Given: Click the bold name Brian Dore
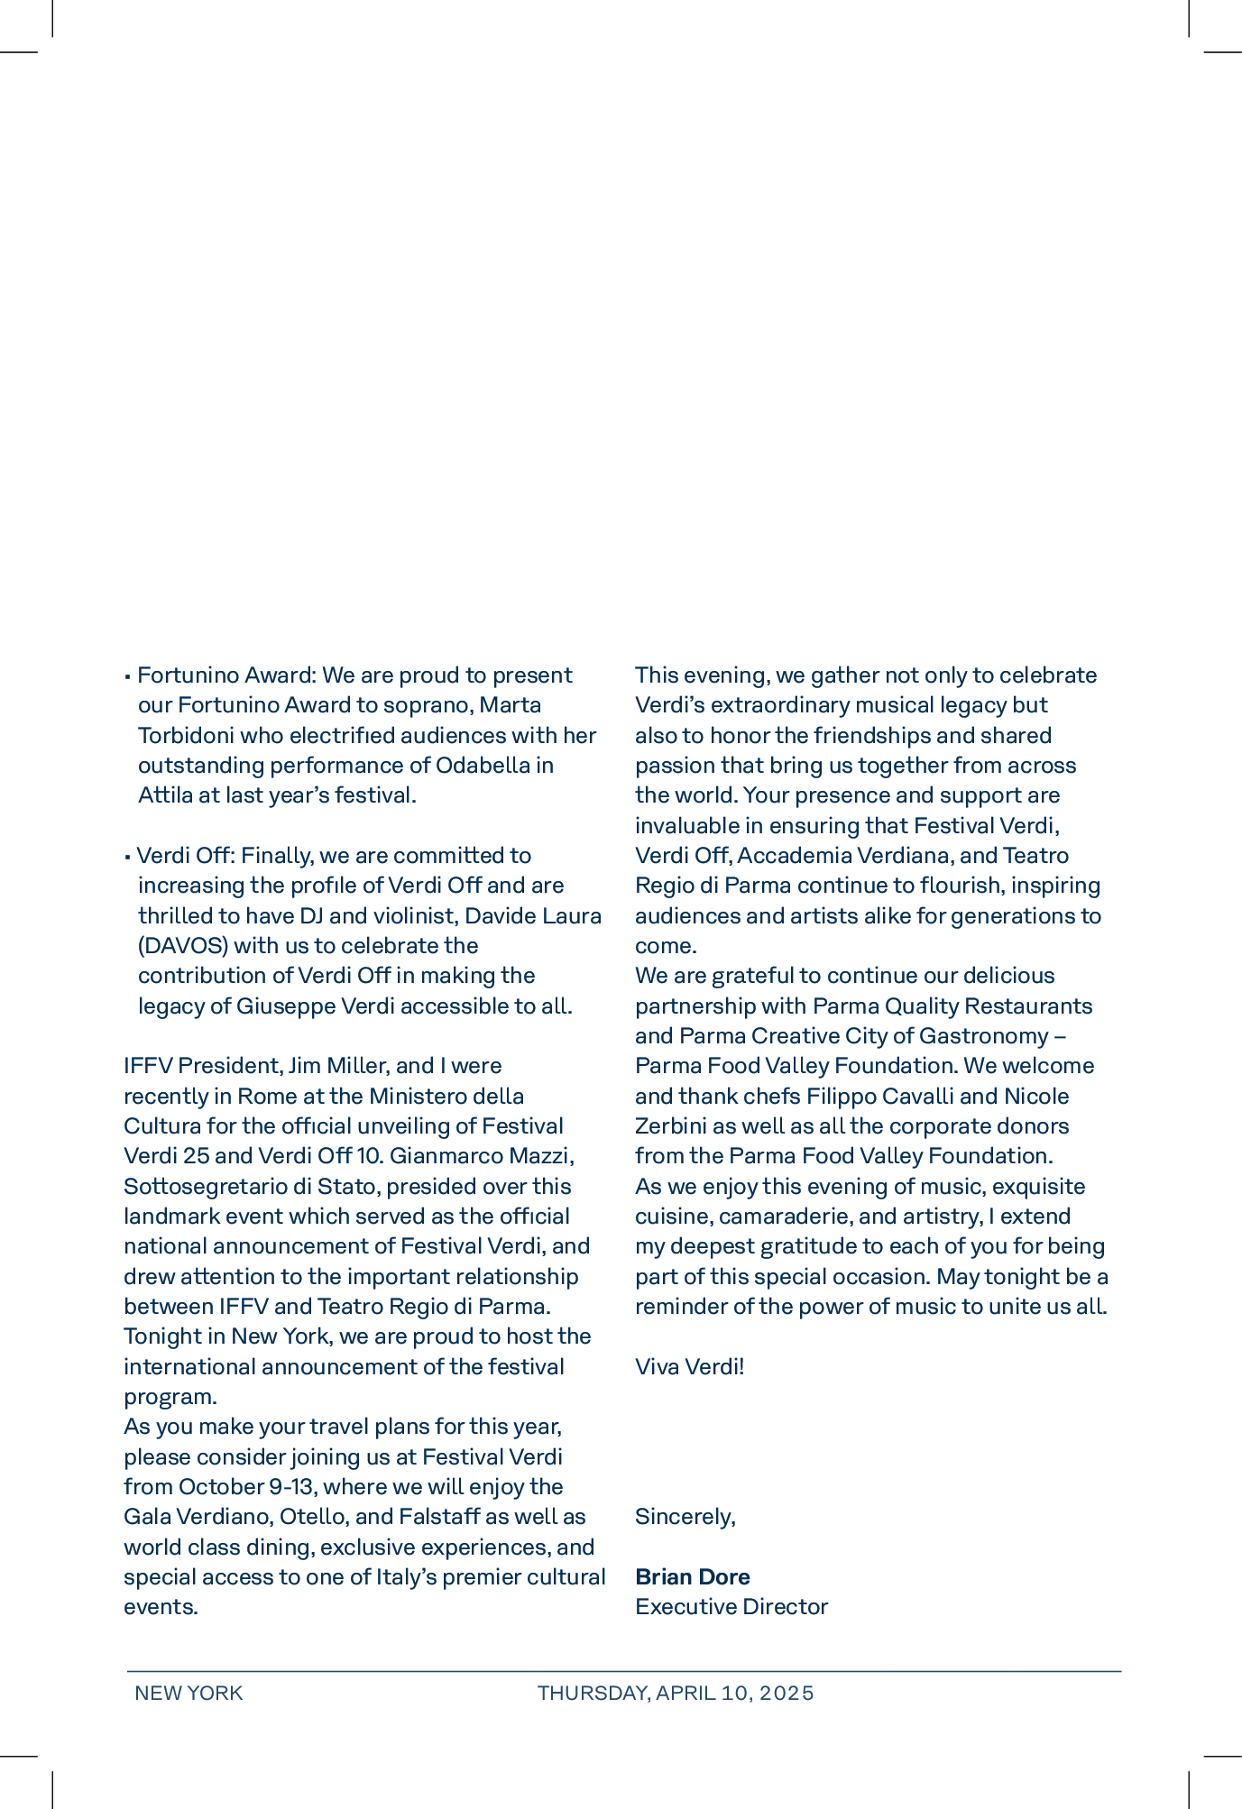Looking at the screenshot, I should (x=692, y=1576).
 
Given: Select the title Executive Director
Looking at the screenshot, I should (x=731, y=1606).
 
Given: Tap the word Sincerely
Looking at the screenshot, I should (x=684, y=1516).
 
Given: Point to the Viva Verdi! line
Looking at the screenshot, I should (x=689, y=1366).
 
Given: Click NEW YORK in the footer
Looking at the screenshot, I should (x=189, y=1693).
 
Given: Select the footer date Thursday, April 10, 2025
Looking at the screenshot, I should (x=676, y=1693).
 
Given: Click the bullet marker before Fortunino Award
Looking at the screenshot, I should (x=128, y=676).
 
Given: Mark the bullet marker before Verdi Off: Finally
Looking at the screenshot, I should (x=128, y=857).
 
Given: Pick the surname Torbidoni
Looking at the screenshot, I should (x=185, y=735).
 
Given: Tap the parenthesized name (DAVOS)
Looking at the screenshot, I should (x=183, y=945).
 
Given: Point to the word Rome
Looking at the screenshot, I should (x=261, y=1096).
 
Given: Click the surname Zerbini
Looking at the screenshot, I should (x=672, y=1125).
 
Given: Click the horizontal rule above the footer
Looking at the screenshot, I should (x=623, y=1671).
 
